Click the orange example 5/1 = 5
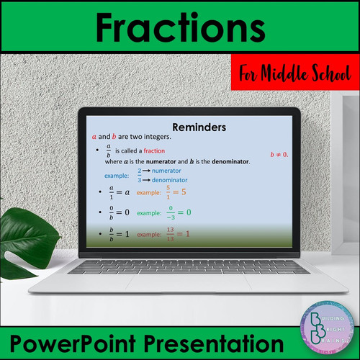coord(176,192)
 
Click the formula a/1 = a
coord(117,192)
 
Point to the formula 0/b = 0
coord(117,213)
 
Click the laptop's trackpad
coord(180,287)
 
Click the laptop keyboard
coord(180,267)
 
